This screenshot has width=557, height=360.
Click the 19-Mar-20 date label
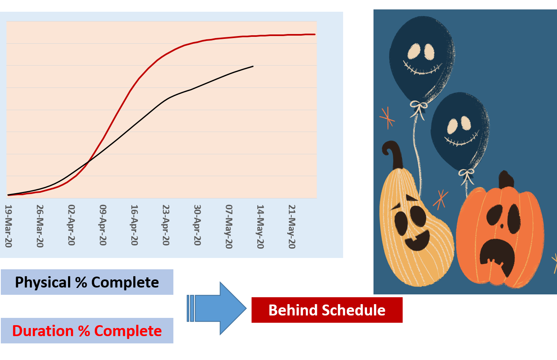[8, 226]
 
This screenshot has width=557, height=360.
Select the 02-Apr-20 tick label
[71, 225]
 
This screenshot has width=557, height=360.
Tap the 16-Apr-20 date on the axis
[134, 225]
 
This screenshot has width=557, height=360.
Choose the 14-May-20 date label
[260, 227]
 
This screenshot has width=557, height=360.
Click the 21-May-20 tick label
[292, 227]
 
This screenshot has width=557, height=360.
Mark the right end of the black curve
[253, 66]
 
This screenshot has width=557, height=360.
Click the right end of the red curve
[315, 34]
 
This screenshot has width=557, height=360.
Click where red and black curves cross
[88, 162]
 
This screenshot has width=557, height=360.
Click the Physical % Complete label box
[87, 282]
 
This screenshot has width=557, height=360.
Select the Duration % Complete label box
[87, 331]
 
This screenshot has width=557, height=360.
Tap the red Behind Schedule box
[327, 310]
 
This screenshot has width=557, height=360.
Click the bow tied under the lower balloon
[467, 175]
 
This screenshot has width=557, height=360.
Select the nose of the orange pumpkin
[502, 226]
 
